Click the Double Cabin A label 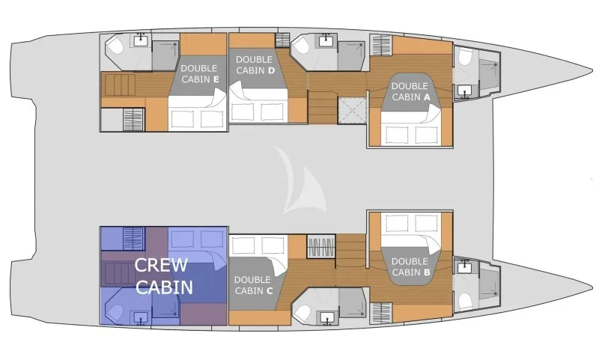[410, 91]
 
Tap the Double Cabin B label [410, 267]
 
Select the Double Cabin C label [253, 285]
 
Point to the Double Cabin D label [255, 65]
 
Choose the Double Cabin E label [199, 73]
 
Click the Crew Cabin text [163, 276]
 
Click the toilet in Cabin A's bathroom [465, 58]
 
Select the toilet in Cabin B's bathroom [465, 301]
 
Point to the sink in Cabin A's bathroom [465, 91]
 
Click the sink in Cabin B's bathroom [465, 267]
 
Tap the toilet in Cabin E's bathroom [115, 46]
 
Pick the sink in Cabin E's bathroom [142, 40]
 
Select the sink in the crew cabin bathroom [141, 317]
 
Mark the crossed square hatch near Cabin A [352, 110]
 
